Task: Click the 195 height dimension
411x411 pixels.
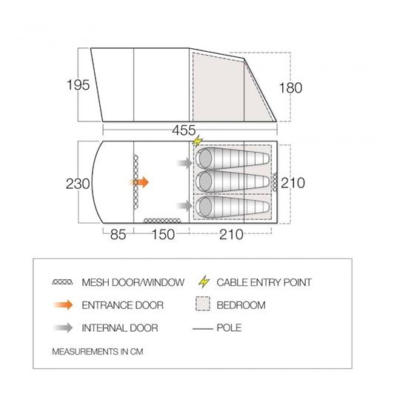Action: (x=78, y=85)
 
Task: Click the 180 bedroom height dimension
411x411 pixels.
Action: (x=290, y=88)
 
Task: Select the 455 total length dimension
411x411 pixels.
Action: (x=184, y=130)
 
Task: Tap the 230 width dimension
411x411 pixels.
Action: (x=78, y=184)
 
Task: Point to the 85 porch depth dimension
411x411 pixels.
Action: (x=118, y=234)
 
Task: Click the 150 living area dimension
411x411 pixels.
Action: (x=163, y=234)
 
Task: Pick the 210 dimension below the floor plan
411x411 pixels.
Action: (x=231, y=234)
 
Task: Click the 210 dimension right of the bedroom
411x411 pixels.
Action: (x=293, y=183)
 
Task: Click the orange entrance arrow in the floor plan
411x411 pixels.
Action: (x=140, y=182)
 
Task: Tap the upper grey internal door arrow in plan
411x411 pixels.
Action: (x=185, y=163)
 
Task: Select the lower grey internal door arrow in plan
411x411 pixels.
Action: (x=185, y=206)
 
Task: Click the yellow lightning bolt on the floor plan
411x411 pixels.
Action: (x=198, y=141)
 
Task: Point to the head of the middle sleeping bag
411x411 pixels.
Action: (x=205, y=181)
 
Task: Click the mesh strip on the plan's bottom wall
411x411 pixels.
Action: (x=162, y=221)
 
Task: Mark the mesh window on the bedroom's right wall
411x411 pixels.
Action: (x=275, y=182)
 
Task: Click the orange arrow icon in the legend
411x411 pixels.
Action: (x=63, y=305)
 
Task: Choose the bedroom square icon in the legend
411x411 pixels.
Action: (x=203, y=304)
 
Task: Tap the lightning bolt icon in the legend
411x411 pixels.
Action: (x=204, y=281)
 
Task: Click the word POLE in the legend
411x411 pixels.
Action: (x=229, y=327)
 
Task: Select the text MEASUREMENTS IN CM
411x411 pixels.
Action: (x=98, y=352)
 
